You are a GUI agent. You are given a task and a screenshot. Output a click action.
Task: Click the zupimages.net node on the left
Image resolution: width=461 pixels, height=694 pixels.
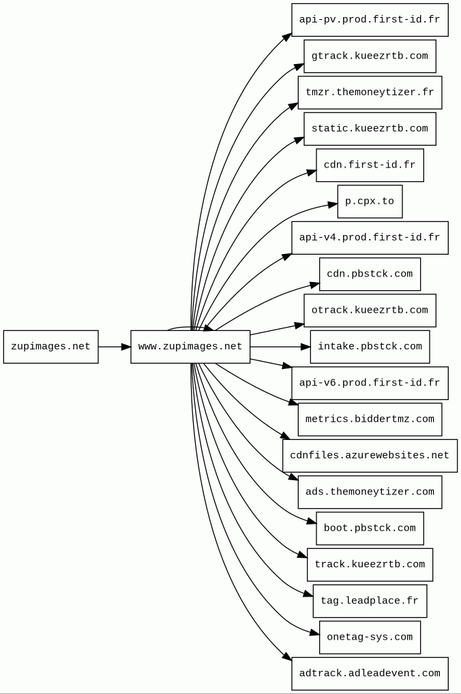point(51,347)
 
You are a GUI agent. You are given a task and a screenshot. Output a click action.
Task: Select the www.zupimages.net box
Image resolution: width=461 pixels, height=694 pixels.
point(190,347)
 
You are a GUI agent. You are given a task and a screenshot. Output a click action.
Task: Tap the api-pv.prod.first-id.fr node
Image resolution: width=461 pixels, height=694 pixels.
point(370,20)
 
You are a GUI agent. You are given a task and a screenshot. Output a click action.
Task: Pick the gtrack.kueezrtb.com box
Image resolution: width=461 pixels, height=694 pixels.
point(370,57)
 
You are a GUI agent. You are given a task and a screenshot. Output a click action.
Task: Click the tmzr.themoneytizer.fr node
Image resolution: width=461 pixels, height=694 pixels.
point(370,93)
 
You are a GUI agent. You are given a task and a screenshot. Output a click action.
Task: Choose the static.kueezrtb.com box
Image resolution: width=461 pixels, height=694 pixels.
point(370,129)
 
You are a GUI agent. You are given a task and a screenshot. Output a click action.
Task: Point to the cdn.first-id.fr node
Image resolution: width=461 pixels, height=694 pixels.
point(370,165)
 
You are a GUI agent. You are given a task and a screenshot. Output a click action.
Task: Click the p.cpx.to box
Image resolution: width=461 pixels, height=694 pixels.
point(370,202)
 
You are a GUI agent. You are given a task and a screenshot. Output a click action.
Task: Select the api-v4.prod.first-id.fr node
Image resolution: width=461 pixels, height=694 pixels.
point(370,238)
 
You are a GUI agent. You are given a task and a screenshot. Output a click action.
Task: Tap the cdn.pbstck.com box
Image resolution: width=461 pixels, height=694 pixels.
point(370,274)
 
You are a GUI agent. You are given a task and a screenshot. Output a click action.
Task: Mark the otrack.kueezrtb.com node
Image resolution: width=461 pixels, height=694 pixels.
point(370,311)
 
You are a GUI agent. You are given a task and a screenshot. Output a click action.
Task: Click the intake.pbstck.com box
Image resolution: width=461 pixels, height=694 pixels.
point(370,347)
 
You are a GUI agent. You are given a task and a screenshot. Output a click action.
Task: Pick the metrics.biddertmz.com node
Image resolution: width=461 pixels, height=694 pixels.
point(370,419)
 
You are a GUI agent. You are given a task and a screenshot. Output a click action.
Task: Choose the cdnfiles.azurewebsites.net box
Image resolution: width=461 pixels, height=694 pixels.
point(370,456)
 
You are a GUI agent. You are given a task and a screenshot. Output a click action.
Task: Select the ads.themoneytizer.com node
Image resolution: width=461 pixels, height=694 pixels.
point(370,492)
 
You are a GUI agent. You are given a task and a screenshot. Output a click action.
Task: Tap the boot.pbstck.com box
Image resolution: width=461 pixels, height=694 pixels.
point(370,528)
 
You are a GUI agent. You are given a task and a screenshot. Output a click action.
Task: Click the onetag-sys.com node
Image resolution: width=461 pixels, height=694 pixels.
point(370,637)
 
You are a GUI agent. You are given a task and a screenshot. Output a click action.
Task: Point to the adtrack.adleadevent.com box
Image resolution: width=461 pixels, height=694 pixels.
point(370,673)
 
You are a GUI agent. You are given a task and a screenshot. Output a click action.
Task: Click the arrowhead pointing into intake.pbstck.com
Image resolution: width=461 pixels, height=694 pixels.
point(306,347)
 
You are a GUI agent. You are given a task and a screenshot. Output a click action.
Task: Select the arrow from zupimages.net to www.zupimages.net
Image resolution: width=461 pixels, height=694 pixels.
point(115,347)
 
